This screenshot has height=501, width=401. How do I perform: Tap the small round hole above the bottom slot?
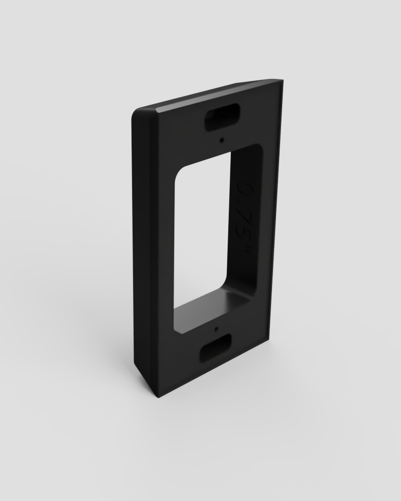point(216,328)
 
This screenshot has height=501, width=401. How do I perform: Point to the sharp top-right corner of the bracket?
point(282,80)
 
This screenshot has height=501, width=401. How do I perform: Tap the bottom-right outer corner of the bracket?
point(268,337)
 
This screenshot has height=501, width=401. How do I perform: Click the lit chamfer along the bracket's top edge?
point(213,96)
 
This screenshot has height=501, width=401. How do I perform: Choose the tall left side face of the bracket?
point(144,243)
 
